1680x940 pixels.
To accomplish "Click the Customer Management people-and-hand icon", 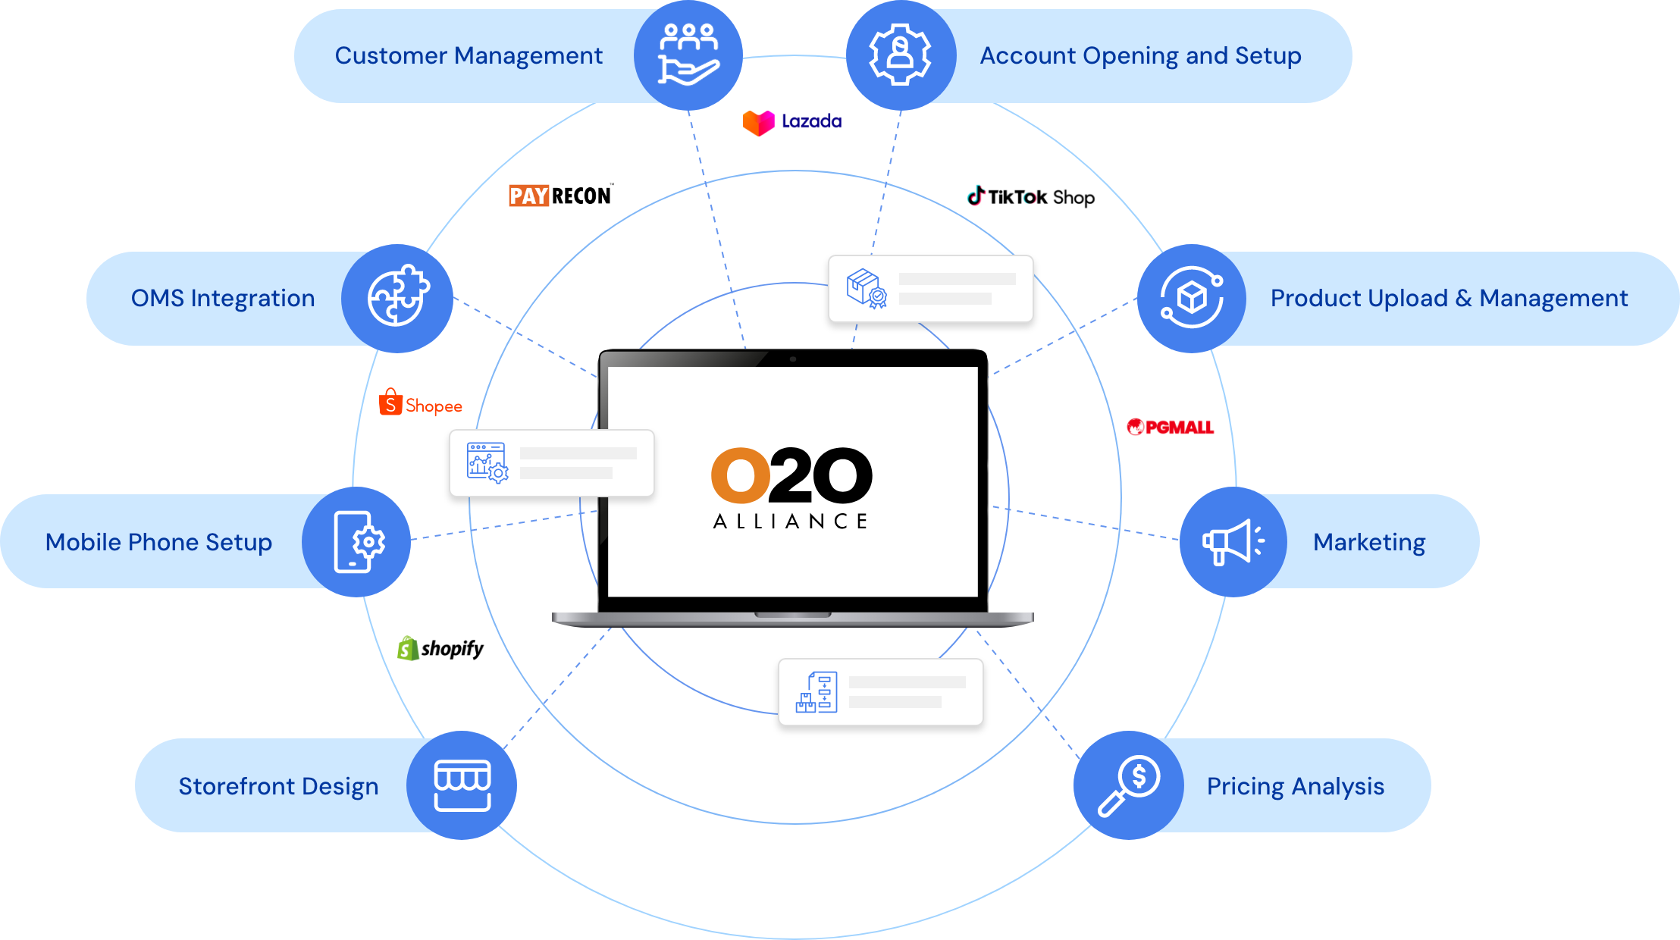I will [x=688, y=55].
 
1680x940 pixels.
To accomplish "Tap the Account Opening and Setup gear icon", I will [x=900, y=55].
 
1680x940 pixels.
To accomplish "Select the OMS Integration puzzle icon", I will [x=397, y=297].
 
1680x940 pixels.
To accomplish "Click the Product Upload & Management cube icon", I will [x=1192, y=297].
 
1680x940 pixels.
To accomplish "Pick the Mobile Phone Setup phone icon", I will [x=357, y=541].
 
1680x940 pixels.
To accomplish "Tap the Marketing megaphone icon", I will [x=1233, y=541].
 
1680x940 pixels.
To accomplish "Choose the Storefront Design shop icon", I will [x=462, y=785].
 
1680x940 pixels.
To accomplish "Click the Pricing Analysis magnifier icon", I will [x=1129, y=785].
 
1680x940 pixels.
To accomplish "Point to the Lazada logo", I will [x=792, y=122].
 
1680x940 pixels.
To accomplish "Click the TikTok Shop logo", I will [x=1030, y=196].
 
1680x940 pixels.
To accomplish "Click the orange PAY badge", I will [x=528, y=196].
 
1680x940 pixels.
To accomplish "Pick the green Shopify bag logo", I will [x=408, y=648].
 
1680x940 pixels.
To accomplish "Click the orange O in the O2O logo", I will [x=740, y=475].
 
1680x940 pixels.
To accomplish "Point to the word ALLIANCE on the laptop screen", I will [x=790, y=522].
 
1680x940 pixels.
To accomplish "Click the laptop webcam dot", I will [x=792, y=359].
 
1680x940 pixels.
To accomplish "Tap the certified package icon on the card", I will [x=866, y=289].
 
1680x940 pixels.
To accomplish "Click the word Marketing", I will [x=1368, y=542].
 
